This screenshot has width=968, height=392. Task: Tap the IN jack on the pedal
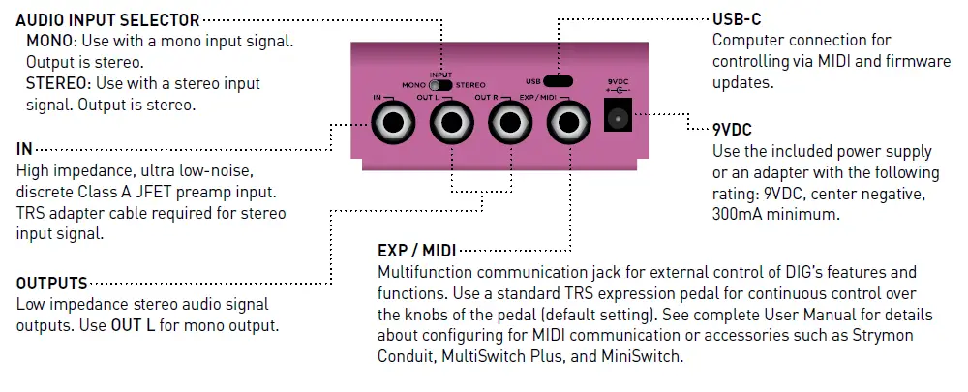point(394,125)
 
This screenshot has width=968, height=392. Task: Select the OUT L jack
point(451,125)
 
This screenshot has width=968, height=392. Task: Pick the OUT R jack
point(506,125)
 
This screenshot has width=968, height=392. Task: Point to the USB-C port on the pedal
point(557,81)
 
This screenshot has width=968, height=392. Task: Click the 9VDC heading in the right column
point(733,130)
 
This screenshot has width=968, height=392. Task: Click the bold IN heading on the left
point(24,151)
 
